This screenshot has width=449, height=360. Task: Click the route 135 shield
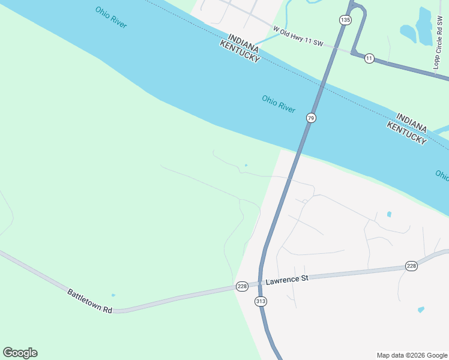click(345, 20)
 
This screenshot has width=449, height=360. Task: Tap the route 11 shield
click(369, 58)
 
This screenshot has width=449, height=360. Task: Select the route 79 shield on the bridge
click(310, 118)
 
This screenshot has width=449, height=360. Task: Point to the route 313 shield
click(261, 301)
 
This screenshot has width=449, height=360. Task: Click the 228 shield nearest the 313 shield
click(241, 287)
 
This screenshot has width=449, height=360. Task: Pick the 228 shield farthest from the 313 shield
click(411, 266)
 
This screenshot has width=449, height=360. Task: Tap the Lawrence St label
click(287, 279)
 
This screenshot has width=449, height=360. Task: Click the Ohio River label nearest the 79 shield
click(279, 103)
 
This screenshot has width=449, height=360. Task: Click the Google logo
click(20, 353)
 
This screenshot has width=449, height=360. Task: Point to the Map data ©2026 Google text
click(412, 355)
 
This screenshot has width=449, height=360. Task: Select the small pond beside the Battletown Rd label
click(113, 295)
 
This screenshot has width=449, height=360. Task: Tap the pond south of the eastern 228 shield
click(421, 310)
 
